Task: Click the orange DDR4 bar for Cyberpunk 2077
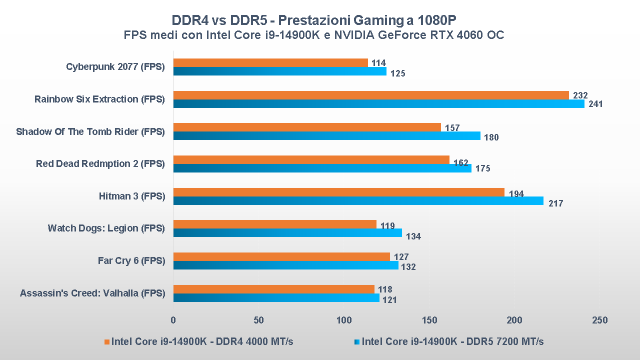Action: click(270, 62)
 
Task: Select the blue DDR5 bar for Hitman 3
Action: click(358, 200)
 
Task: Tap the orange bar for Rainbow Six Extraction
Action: click(371, 95)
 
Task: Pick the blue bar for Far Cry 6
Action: click(285, 265)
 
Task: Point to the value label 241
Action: click(595, 104)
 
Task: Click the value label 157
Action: click(452, 128)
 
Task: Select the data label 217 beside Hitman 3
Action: click(555, 203)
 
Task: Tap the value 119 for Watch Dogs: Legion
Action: click(387, 225)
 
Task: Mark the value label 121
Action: click(389, 300)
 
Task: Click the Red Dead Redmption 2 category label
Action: click(100, 163)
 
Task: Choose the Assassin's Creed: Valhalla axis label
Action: click(92, 293)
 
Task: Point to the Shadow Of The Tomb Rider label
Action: click(90, 131)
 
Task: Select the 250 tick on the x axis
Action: click(600, 320)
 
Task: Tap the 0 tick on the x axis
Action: click(173, 320)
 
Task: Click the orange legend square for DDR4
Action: click(106, 342)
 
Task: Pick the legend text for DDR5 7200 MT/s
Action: click(452, 342)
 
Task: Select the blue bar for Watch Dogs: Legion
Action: click(287, 233)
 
